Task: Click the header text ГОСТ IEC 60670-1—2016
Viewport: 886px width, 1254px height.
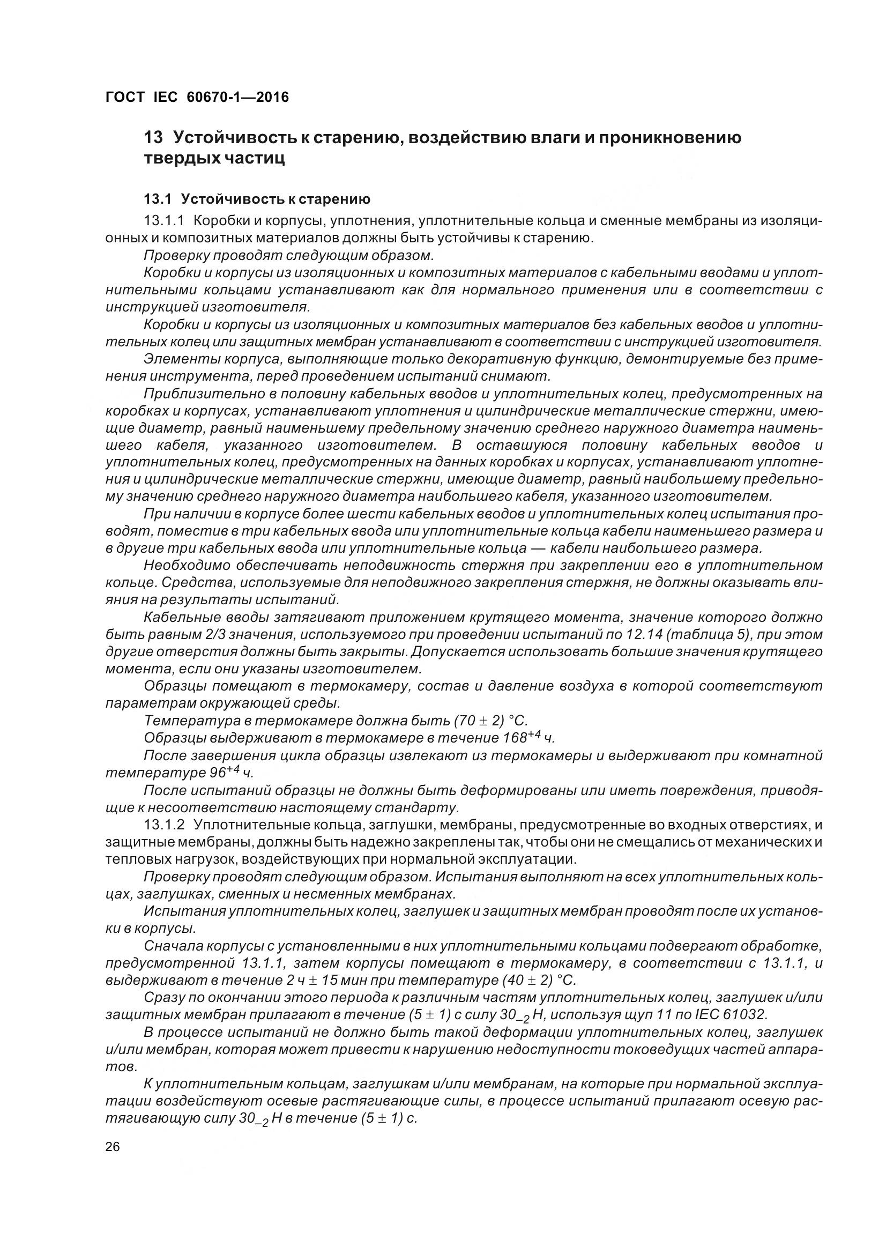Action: click(197, 97)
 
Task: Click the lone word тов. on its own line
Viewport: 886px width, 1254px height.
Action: click(119, 1067)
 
